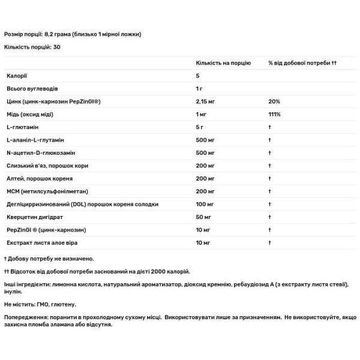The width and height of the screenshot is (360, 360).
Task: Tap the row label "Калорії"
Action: pos(17,76)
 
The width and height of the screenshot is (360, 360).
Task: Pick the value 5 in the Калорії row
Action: pos(197,76)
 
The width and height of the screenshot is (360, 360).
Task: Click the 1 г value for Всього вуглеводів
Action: pos(199,88)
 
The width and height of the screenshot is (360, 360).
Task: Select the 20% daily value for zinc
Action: pos(274,101)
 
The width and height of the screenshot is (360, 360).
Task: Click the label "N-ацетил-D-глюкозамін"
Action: pos(41,152)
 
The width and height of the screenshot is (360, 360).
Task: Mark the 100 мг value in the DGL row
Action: pos(205,204)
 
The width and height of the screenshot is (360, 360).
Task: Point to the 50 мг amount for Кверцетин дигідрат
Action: pos(204,217)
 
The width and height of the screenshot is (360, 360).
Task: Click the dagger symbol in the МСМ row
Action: pos(271,191)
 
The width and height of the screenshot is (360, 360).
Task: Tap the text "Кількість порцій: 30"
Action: pos(32,46)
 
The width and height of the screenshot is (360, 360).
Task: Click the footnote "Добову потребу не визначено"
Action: pos(50,259)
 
